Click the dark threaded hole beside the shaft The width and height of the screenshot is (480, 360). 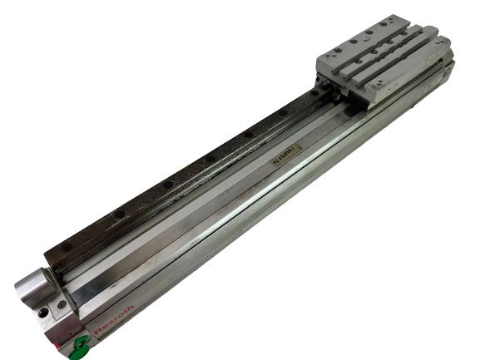(42, 313)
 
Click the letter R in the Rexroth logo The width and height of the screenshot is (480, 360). (96, 335)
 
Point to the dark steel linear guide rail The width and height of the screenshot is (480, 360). (183, 175)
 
